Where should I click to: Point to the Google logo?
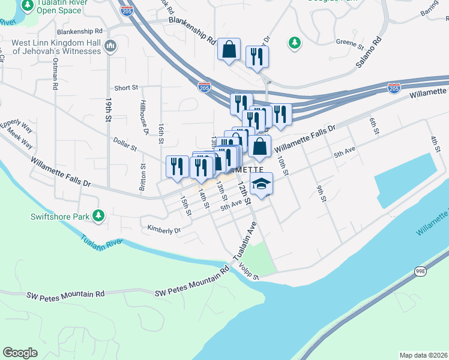tap(20, 353)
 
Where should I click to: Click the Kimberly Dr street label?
tap(164, 230)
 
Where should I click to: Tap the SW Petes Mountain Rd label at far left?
tap(66, 295)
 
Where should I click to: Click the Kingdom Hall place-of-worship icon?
tap(110, 46)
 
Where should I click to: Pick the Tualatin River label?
tap(101, 241)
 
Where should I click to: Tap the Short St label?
tap(126, 88)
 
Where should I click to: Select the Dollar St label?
tap(125, 144)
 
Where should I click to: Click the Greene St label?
tap(350, 44)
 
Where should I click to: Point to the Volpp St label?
tap(247, 271)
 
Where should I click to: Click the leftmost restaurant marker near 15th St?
tap(176, 166)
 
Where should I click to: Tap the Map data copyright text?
tap(423, 355)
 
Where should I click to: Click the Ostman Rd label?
tap(55, 74)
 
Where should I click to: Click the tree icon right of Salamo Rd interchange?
tap(294, 43)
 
